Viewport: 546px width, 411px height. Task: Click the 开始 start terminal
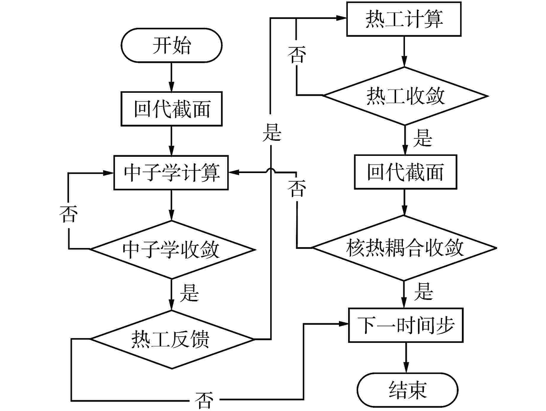click(171, 45)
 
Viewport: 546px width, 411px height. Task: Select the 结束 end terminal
click(408, 390)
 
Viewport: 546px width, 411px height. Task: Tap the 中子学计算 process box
click(171, 172)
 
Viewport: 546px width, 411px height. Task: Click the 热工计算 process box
click(404, 19)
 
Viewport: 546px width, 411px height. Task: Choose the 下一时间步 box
click(406, 325)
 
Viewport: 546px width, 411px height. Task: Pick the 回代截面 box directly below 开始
click(171, 109)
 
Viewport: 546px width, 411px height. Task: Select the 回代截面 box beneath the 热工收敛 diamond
click(406, 172)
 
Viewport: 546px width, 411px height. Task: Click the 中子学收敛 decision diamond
click(172, 250)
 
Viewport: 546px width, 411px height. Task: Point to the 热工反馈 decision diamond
click(172, 339)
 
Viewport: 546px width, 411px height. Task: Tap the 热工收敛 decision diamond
click(405, 96)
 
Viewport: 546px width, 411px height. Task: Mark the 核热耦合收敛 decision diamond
click(404, 248)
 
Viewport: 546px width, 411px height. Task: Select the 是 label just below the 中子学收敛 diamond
click(189, 293)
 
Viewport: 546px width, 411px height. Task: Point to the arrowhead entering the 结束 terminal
click(406, 368)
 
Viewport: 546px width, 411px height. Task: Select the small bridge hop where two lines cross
click(271, 170)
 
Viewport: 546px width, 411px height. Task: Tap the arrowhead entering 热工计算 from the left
click(342, 18)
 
